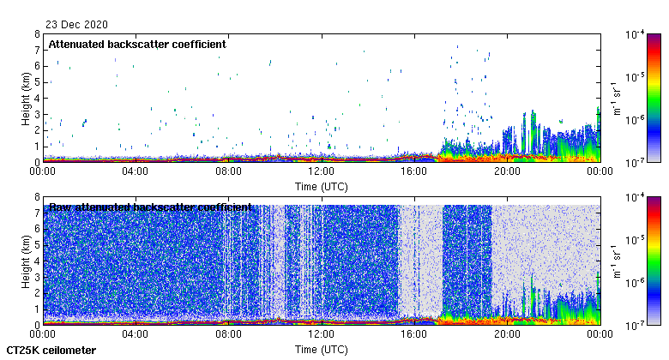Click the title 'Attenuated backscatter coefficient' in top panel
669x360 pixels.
click(x=137, y=45)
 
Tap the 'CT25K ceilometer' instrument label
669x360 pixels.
click(x=51, y=351)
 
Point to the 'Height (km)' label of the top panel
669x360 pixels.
click(x=27, y=98)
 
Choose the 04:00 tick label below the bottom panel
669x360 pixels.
click(x=136, y=335)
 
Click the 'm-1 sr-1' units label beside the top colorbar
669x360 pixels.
click(x=616, y=98)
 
